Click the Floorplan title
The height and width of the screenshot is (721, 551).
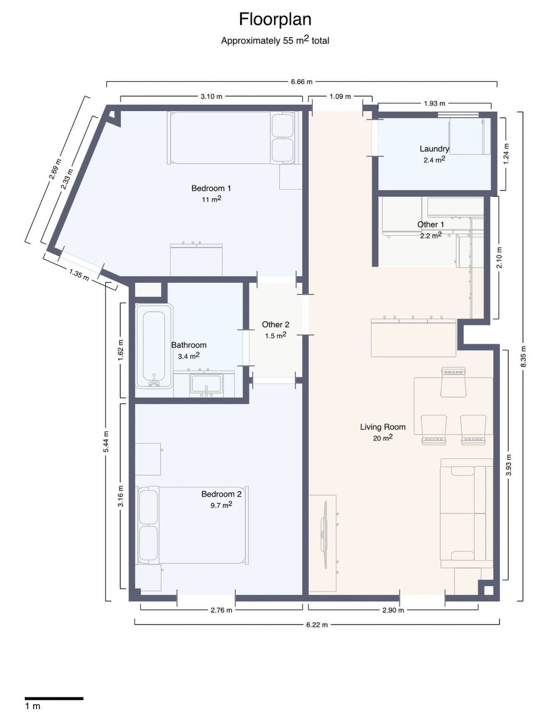click(275, 19)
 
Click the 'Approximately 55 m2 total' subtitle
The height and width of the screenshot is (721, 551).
click(275, 40)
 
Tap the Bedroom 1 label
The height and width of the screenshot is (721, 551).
click(211, 188)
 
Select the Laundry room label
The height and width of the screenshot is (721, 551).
click(434, 149)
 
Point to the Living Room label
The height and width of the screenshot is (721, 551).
click(382, 427)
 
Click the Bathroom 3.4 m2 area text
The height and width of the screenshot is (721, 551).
click(189, 356)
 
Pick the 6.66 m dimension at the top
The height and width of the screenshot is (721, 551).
click(302, 82)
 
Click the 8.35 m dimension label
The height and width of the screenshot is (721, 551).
click(523, 356)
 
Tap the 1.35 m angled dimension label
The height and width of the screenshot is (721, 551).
click(79, 274)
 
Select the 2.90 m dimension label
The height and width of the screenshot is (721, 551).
click(393, 610)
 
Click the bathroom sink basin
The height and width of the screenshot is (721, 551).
click(206, 384)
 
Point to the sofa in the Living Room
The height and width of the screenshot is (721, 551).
click(463, 513)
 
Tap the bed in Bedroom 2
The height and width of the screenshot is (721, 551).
click(193, 525)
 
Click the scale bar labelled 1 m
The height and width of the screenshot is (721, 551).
click(54, 698)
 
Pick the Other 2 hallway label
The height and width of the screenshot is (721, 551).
click(275, 324)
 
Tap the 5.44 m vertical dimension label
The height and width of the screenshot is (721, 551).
click(106, 442)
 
